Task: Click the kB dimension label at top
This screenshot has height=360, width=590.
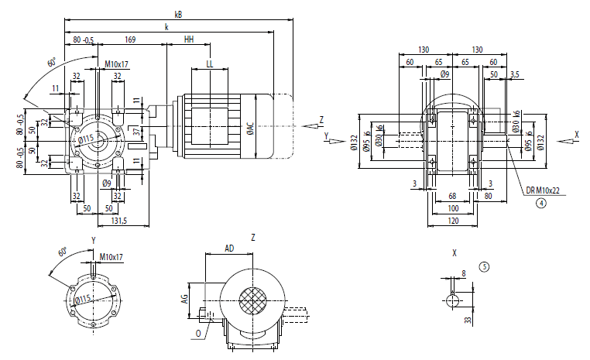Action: [x=178, y=13]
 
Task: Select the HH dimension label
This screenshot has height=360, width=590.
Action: [x=189, y=39]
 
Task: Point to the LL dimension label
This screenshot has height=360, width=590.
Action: [x=209, y=63]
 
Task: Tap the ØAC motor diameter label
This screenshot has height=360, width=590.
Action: [x=249, y=126]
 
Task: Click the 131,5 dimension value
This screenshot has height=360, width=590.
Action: [x=118, y=221]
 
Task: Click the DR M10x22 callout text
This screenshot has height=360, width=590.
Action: [x=541, y=190]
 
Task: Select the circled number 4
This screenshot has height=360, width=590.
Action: [x=541, y=204]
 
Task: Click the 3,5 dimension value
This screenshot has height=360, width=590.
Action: [x=516, y=74]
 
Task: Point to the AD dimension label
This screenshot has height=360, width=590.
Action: [x=229, y=249]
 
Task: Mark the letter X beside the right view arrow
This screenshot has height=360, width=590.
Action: [x=577, y=134]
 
